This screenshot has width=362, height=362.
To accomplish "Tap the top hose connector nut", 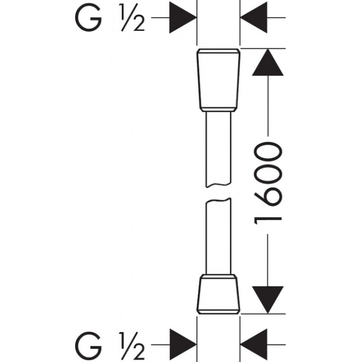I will [219, 80].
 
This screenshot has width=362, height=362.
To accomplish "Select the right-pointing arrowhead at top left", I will [182, 18].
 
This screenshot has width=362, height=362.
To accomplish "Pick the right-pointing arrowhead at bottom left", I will [182, 343].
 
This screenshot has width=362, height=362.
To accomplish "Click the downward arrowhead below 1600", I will [268, 299].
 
